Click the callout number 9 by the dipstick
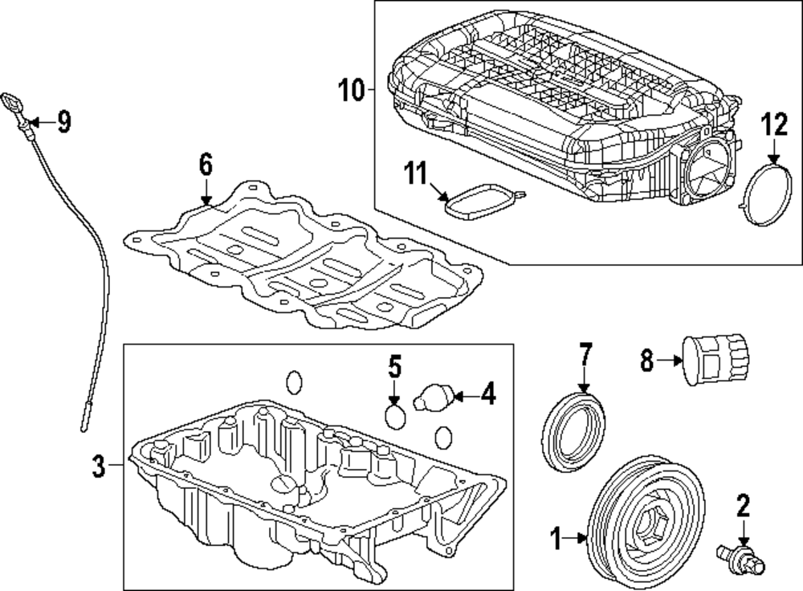pos(63,122)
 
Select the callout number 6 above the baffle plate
pos(206,166)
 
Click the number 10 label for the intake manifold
pos(351,90)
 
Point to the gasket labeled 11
pos(482,201)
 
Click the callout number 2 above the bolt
pos(743,505)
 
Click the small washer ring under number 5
pos(395,416)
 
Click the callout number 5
pos(394,368)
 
